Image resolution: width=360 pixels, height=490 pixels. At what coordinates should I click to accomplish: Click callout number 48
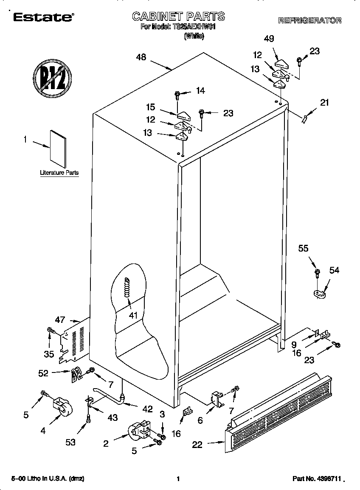click(x=141, y=58)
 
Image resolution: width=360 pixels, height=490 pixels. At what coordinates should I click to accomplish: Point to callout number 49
click(x=269, y=39)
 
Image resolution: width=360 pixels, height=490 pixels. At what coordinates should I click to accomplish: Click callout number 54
click(x=334, y=270)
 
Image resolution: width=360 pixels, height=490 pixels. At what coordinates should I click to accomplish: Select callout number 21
click(x=324, y=102)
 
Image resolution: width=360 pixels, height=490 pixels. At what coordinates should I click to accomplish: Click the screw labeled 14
click(x=177, y=95)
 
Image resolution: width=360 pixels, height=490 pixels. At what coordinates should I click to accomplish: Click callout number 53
click(x=70, y=442)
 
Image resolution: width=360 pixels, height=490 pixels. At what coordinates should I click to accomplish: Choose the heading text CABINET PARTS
click(x=178, y=17)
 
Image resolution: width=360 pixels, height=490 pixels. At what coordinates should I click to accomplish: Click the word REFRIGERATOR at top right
click(x=309, y=20)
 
